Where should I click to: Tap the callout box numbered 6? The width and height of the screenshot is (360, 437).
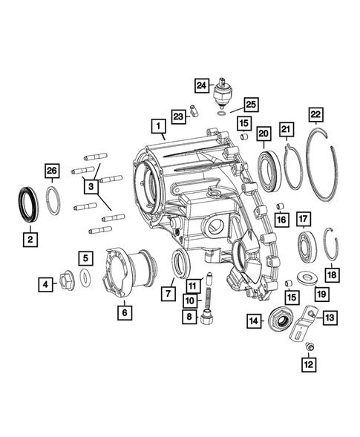click(x=123, y=312)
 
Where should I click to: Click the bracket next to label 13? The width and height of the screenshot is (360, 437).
click(x=303, y=324)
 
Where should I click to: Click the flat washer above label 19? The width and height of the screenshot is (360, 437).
click(x=305, y=277)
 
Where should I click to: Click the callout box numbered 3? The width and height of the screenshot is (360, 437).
click(x=90, y=186)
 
